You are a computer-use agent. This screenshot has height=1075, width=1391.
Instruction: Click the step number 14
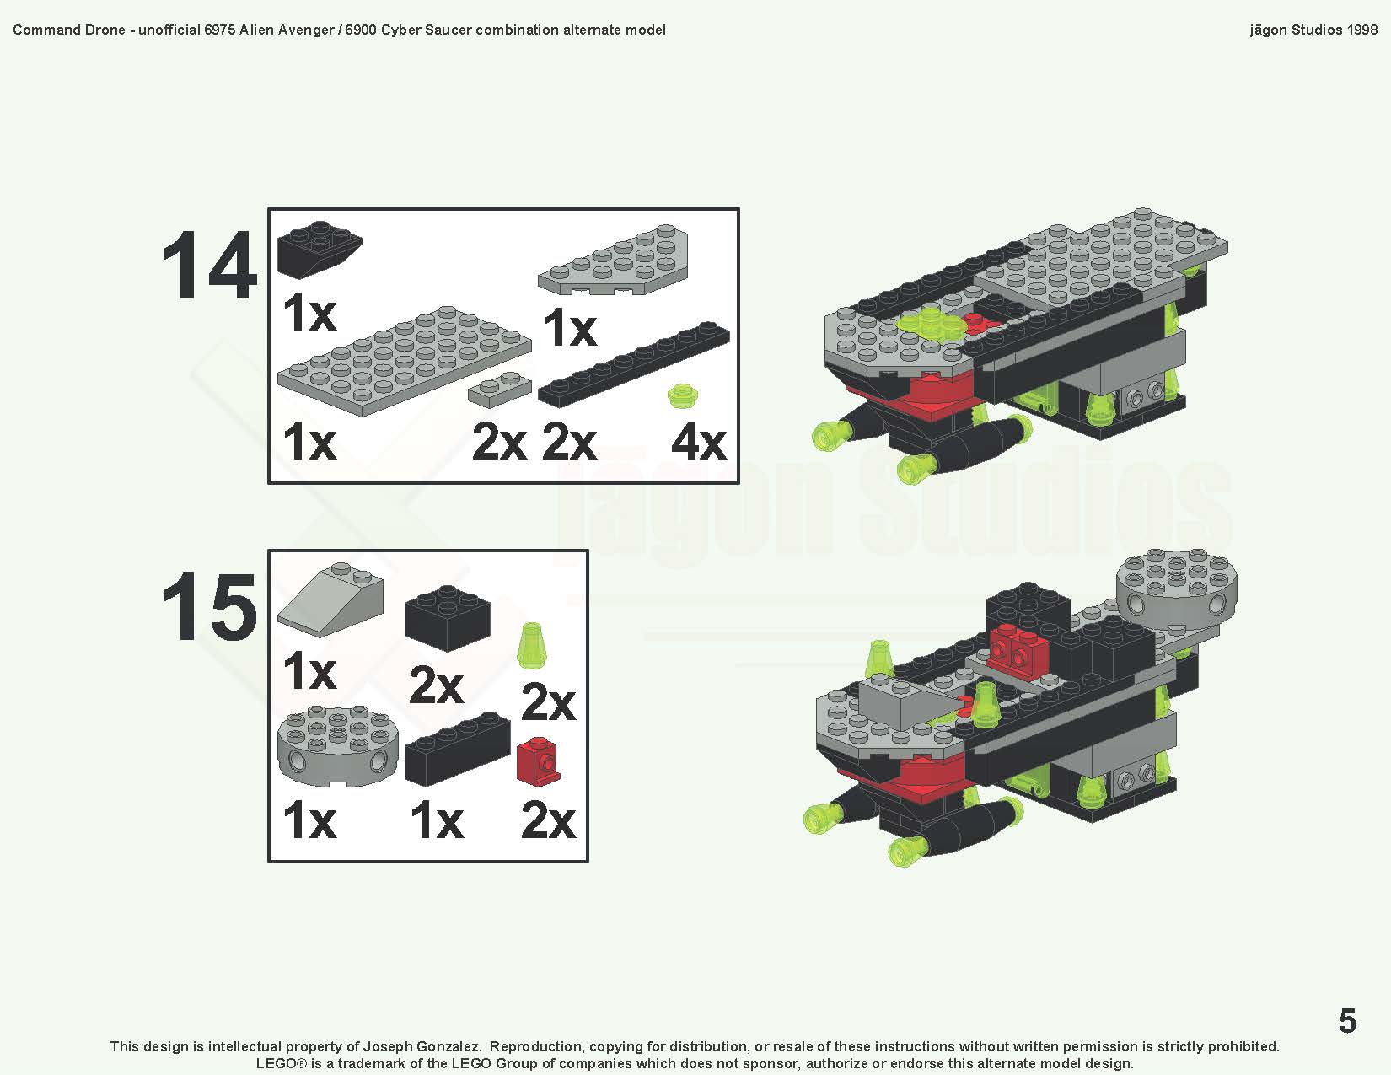click(x=209, y=266)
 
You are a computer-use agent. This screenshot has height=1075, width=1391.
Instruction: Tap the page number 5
click(x=1347, y=1021)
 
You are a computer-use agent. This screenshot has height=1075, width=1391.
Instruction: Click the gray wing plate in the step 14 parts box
click(x=614, y=261)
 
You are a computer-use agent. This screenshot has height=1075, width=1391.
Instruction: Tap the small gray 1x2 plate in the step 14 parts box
click(x=501, y=388)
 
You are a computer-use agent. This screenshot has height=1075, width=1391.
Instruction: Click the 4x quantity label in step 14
click(x=698, y=442)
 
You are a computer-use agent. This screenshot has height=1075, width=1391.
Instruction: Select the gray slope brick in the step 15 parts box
click(x=330, y=599)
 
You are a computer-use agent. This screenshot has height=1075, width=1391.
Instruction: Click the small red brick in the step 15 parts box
click(x=538, y=761)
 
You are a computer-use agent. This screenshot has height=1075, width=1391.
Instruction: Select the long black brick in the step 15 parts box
click(x=457, y=750)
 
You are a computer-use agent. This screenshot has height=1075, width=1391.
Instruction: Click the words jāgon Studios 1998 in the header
click(x=1313, y=30)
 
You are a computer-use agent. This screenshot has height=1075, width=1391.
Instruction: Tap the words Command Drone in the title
click(x=68, y=30)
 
